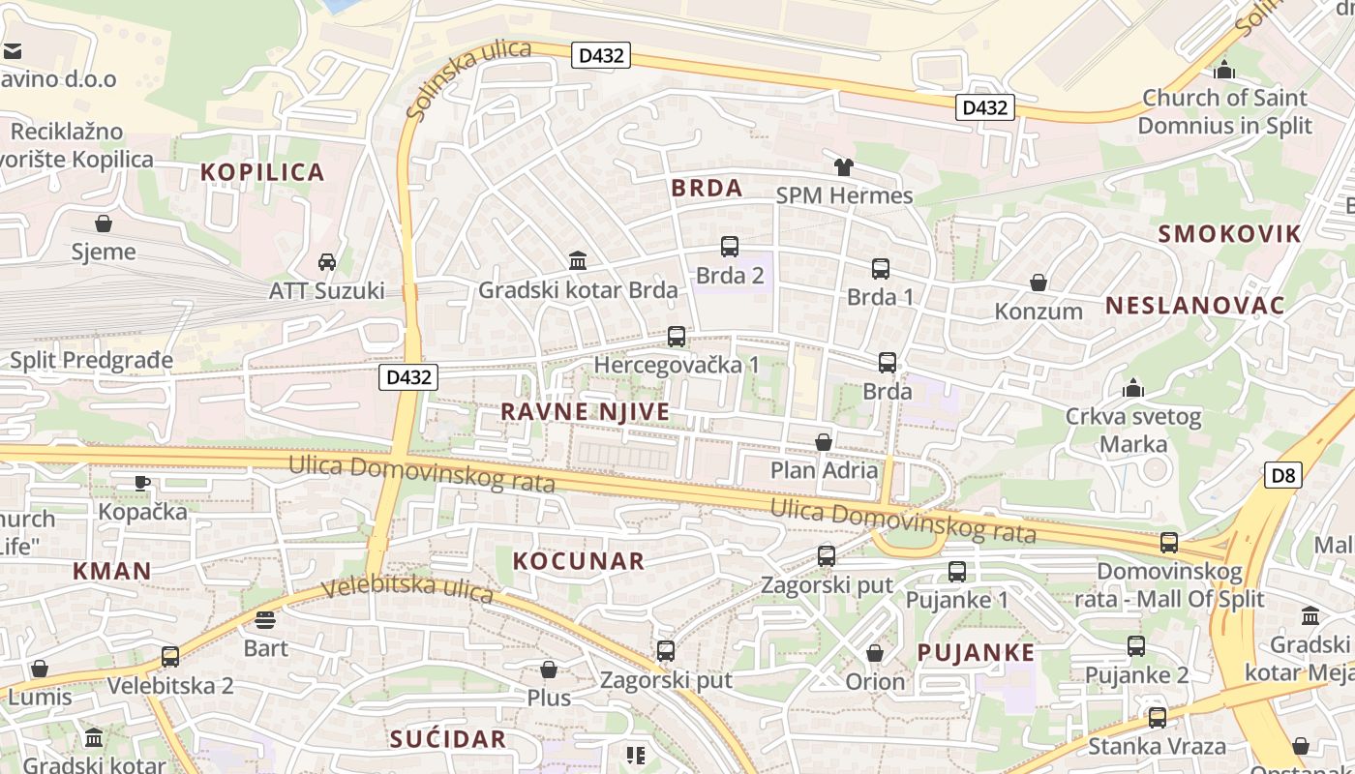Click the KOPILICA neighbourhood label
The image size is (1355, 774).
pos(261,172)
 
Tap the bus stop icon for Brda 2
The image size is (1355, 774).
pos(730,247)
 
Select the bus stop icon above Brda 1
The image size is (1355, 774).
pos(880,269)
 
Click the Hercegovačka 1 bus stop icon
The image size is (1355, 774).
pos(677,337)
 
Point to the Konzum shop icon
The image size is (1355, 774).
pos(1039,283)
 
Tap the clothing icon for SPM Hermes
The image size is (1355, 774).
pos(843,166)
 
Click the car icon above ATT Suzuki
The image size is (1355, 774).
pos(327,261)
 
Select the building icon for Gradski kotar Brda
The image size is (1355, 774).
pos(578,260)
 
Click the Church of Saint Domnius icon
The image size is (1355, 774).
pos(1224,70)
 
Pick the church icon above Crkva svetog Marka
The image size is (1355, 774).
pos(1132,389)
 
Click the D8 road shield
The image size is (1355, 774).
pos(1282,475)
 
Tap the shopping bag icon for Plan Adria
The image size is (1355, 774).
pos(824,442)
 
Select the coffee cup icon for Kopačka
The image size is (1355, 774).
pos(142,482)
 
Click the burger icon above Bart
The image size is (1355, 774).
pos(265,619)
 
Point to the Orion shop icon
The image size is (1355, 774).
pos(875,653)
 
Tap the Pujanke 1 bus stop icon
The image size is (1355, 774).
pos(957,571)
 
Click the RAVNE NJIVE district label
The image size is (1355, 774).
pos(585,411)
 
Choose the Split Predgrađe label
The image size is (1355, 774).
pos(91,360)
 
